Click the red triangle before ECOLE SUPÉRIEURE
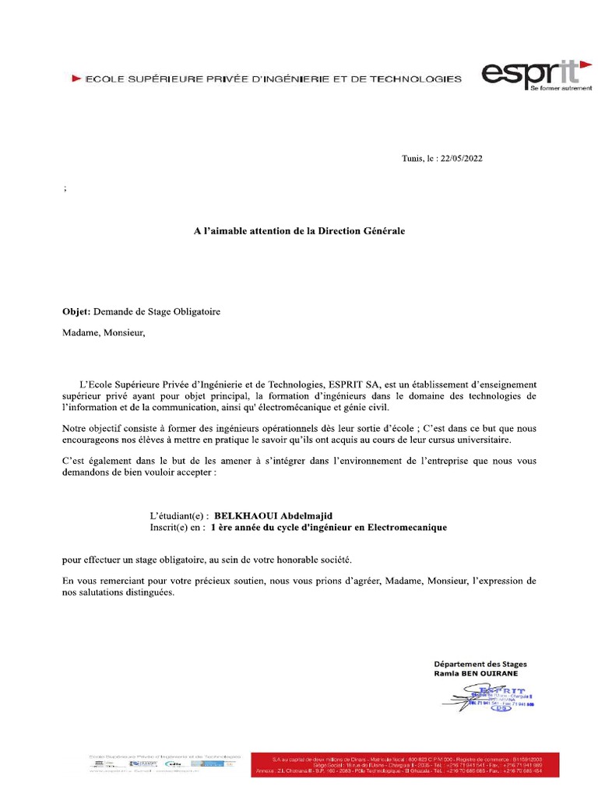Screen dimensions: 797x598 tap(76, 79)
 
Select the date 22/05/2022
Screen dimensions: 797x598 tap(462, 158)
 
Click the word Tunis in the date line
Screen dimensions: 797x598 tap(411, 158)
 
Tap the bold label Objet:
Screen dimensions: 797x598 tap(76, 312)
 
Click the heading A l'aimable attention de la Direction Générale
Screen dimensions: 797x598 tap(299, 231)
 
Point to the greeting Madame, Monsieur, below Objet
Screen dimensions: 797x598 tap(104, 334)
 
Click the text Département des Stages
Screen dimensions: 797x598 tap(480, 664)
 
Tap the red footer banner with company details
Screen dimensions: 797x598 tap(404, 764)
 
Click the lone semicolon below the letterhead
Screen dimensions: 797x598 tap(64, 189)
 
